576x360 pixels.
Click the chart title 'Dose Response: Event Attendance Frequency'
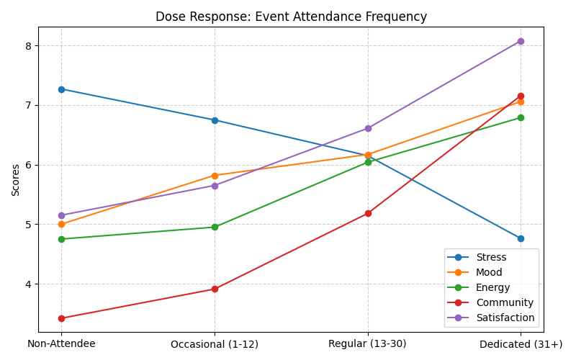[291, 17]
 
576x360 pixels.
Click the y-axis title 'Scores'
[16, 179]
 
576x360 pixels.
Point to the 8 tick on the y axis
[29, 46]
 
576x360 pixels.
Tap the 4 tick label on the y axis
[29, 284]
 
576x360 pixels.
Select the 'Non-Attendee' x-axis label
[61, 344]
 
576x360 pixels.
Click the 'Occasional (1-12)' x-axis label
[215, 344]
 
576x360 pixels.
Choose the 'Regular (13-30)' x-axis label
[367, 344]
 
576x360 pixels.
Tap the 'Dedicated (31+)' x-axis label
[521, 344]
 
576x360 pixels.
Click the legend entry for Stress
[491, 257]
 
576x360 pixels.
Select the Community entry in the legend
[505, 302]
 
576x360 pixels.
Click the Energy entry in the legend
[493, 287]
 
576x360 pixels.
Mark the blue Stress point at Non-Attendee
[61, 89]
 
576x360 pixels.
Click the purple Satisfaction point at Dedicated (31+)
[521, 41]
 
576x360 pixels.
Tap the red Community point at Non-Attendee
[61, 318]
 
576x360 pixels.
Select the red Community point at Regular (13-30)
[368, 213]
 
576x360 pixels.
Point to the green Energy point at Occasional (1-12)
[215, 227]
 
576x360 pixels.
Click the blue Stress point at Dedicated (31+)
[521, 238]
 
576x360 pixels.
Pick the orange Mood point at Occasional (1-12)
[215, 176]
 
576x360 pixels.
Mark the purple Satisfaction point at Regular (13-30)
[368, 128]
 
